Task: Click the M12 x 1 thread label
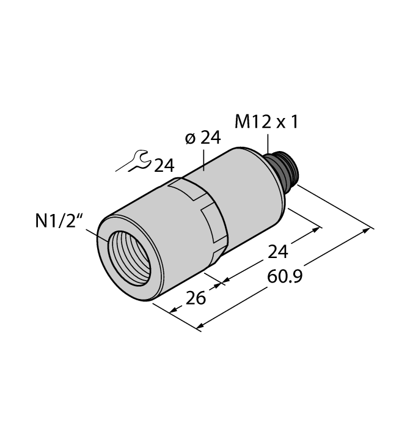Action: (267, 122)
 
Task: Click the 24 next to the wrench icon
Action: (163, 166)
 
